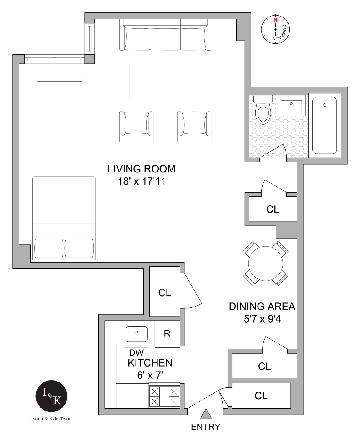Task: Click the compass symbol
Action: (275, 29)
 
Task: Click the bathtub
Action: (325, 126)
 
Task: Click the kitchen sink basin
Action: (136, 334)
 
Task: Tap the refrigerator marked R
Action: (167, 333)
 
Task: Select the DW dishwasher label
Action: (136, 352)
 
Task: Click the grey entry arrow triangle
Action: (206, 414)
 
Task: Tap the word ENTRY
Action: (206, 427)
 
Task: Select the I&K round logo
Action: (51, 396)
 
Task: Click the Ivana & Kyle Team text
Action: (51, 418)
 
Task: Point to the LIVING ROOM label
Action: (141, 169)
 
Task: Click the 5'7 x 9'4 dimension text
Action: (262, 319)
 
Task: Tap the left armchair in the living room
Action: (136, 126)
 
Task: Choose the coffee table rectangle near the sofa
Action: (165, 82)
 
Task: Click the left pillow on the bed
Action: (49, 248)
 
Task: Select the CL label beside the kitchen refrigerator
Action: (165, 293)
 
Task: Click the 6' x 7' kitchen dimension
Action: (150, 375)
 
